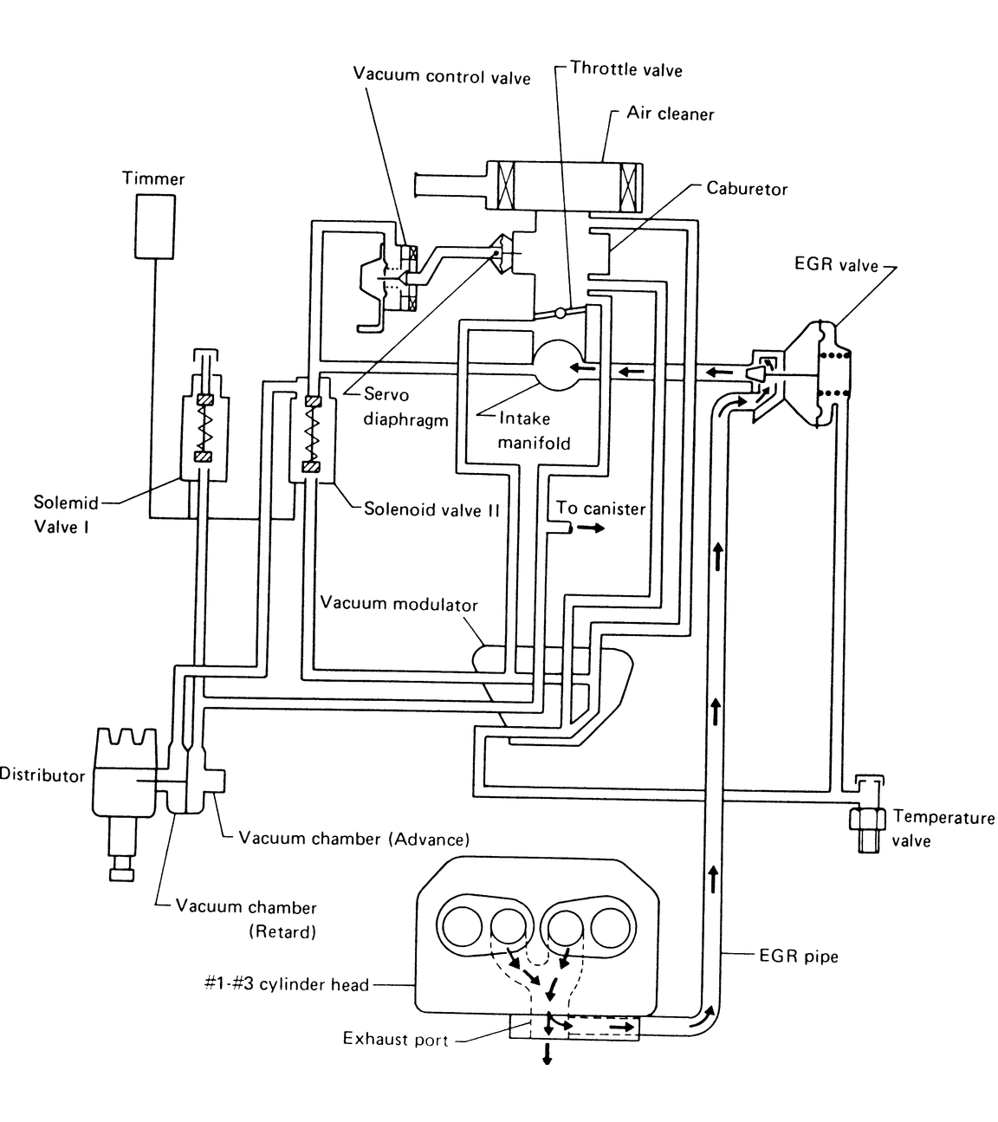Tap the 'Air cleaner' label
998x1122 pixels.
[x=670, y=113]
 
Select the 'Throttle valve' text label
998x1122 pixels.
[x=625, y=69]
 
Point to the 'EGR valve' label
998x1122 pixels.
[x=835, y=264]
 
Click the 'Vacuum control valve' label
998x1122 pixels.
[x=441, y=75]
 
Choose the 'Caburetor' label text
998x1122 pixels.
[x=747, y=188]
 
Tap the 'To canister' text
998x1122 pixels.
[x=600, y=508]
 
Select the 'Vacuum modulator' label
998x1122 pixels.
[x=399, y=603]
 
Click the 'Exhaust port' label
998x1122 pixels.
[x=395, y=1038]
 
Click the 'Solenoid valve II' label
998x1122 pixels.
[x=431, y=509]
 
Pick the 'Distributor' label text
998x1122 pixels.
[x=42, y=775]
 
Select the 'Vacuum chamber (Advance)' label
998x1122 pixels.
[x=353, y=839]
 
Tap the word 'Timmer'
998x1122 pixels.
[x=152, y=178]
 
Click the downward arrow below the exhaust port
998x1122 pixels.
[x=547, y=1053]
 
